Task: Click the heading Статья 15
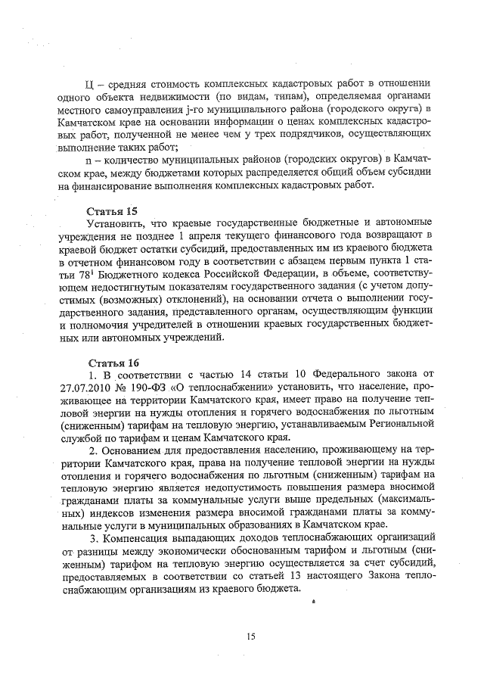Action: click(x=110, y=210)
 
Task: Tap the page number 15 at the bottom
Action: click(x=251, y=637)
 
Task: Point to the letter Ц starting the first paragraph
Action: click(x=90, y=83)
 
